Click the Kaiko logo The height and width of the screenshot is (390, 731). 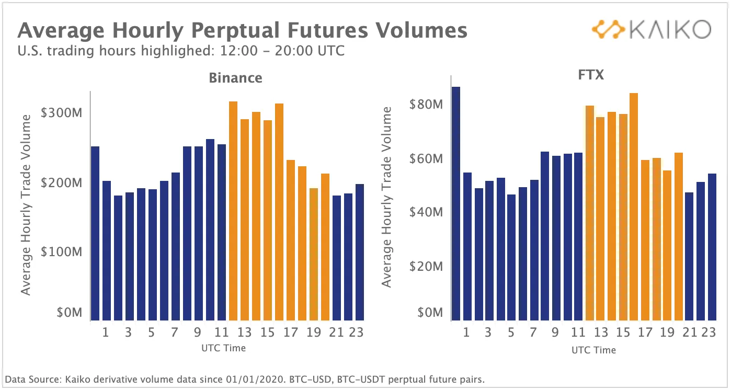650,30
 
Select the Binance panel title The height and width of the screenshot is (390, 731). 235,78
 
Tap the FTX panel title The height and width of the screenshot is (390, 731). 591,74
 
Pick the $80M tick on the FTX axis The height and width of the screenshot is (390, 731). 426,105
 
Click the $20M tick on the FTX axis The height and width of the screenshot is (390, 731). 426,267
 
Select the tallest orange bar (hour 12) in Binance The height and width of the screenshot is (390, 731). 233,209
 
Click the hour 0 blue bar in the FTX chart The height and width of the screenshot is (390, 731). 456,204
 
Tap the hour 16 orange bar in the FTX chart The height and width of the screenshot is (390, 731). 634,207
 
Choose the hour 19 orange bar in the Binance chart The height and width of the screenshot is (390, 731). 314,254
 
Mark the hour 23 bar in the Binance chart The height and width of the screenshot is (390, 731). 360,251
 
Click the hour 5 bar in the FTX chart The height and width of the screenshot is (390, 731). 511,256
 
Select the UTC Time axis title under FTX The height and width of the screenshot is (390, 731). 593,350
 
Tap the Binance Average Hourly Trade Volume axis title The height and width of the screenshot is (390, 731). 26,204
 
